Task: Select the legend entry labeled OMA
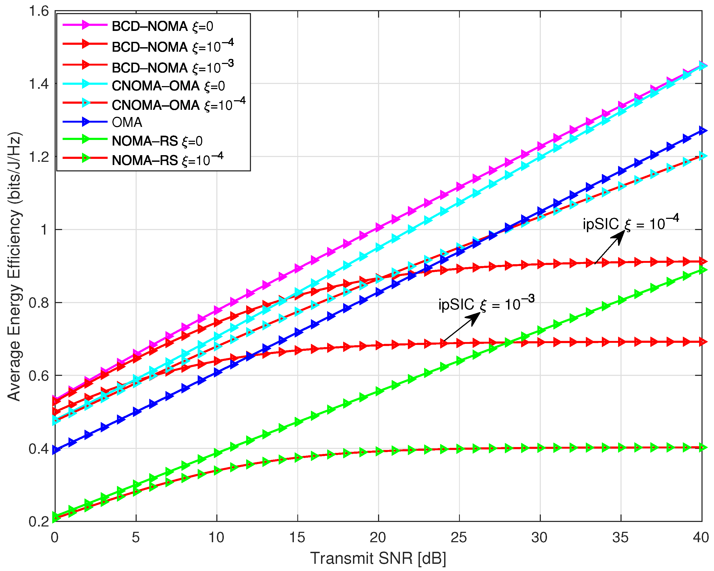tap(127, 122)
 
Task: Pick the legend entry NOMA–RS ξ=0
tap(157, 141)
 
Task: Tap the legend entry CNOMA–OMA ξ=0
tap(168, 86)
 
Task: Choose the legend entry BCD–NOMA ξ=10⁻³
tap(172, 67)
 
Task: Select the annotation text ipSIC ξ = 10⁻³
tap(486, 304)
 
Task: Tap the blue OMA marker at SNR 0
tap(55, 450)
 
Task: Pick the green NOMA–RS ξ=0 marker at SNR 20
tap(379, 391)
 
